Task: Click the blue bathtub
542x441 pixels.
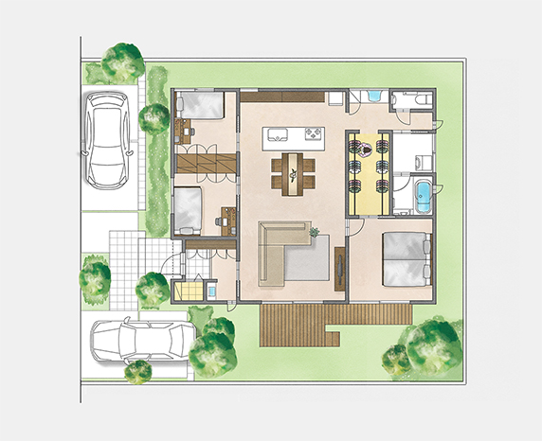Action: click(422, 198)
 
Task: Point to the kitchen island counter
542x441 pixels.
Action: click(289, 133)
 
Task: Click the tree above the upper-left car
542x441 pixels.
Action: click(122, 62)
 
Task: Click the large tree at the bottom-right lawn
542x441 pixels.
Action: click(425, 347)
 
